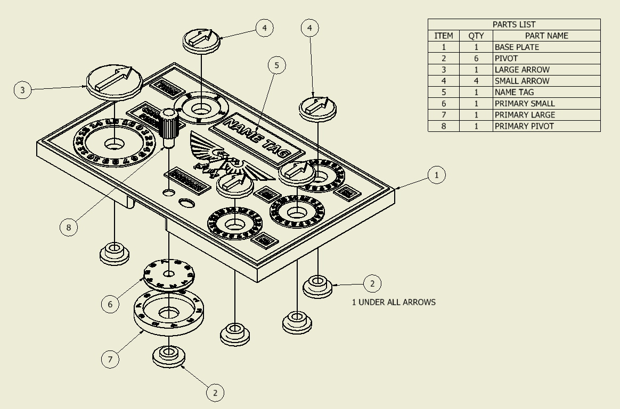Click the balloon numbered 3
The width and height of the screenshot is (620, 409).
(22, 90)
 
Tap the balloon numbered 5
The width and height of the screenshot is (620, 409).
(276, 65)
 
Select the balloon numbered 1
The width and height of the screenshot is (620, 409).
(437, 174)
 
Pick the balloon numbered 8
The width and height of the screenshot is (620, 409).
(68, 227)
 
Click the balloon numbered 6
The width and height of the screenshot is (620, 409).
(110, 304)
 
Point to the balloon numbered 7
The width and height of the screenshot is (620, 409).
(110, 359)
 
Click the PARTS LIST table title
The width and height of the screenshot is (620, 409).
(514, 24)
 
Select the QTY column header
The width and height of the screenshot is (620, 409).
(476, 36)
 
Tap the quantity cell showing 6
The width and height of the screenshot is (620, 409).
(476, 59)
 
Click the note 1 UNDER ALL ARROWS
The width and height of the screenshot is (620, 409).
(394, 302)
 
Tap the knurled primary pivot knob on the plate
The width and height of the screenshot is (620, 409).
(169, 128)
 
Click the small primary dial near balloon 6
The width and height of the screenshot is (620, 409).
(169, 274)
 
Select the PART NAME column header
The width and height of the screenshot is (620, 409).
(546, 36)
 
